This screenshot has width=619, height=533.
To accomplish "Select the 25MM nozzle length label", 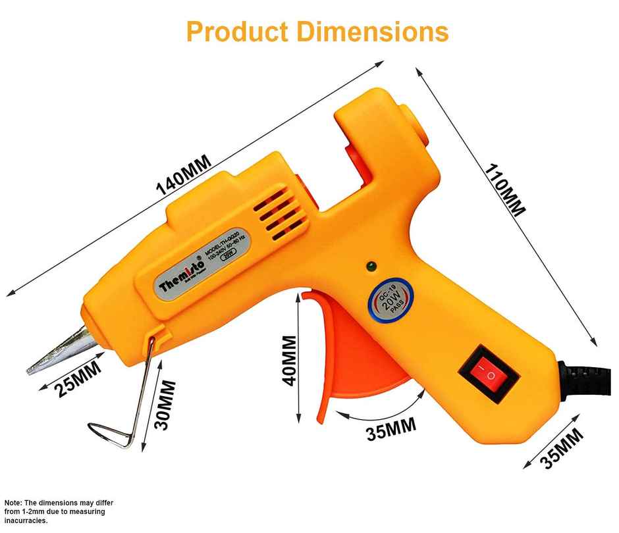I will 78,380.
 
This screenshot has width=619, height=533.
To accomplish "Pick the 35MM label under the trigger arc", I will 392,431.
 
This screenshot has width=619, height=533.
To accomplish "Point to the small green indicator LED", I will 371,266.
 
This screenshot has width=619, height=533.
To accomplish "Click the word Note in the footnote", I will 14,502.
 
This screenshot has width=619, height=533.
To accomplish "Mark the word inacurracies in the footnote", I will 26,520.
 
